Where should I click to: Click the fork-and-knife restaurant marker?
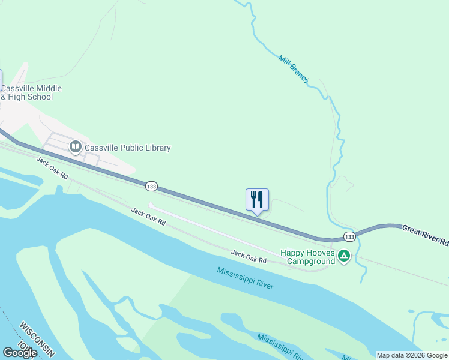click(x=257, y=200)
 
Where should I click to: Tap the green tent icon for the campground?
click(x=344, y=256)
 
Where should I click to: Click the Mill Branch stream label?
click(x=294, y=69)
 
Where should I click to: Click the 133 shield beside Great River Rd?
click(x=349, y=237)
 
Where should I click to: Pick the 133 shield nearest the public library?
click(x=151, y=187)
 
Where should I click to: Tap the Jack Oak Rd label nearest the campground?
click(x=249, y=257)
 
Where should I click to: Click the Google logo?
click(x=20, y=353)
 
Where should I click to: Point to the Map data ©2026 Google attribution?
click(x=412, y=355)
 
